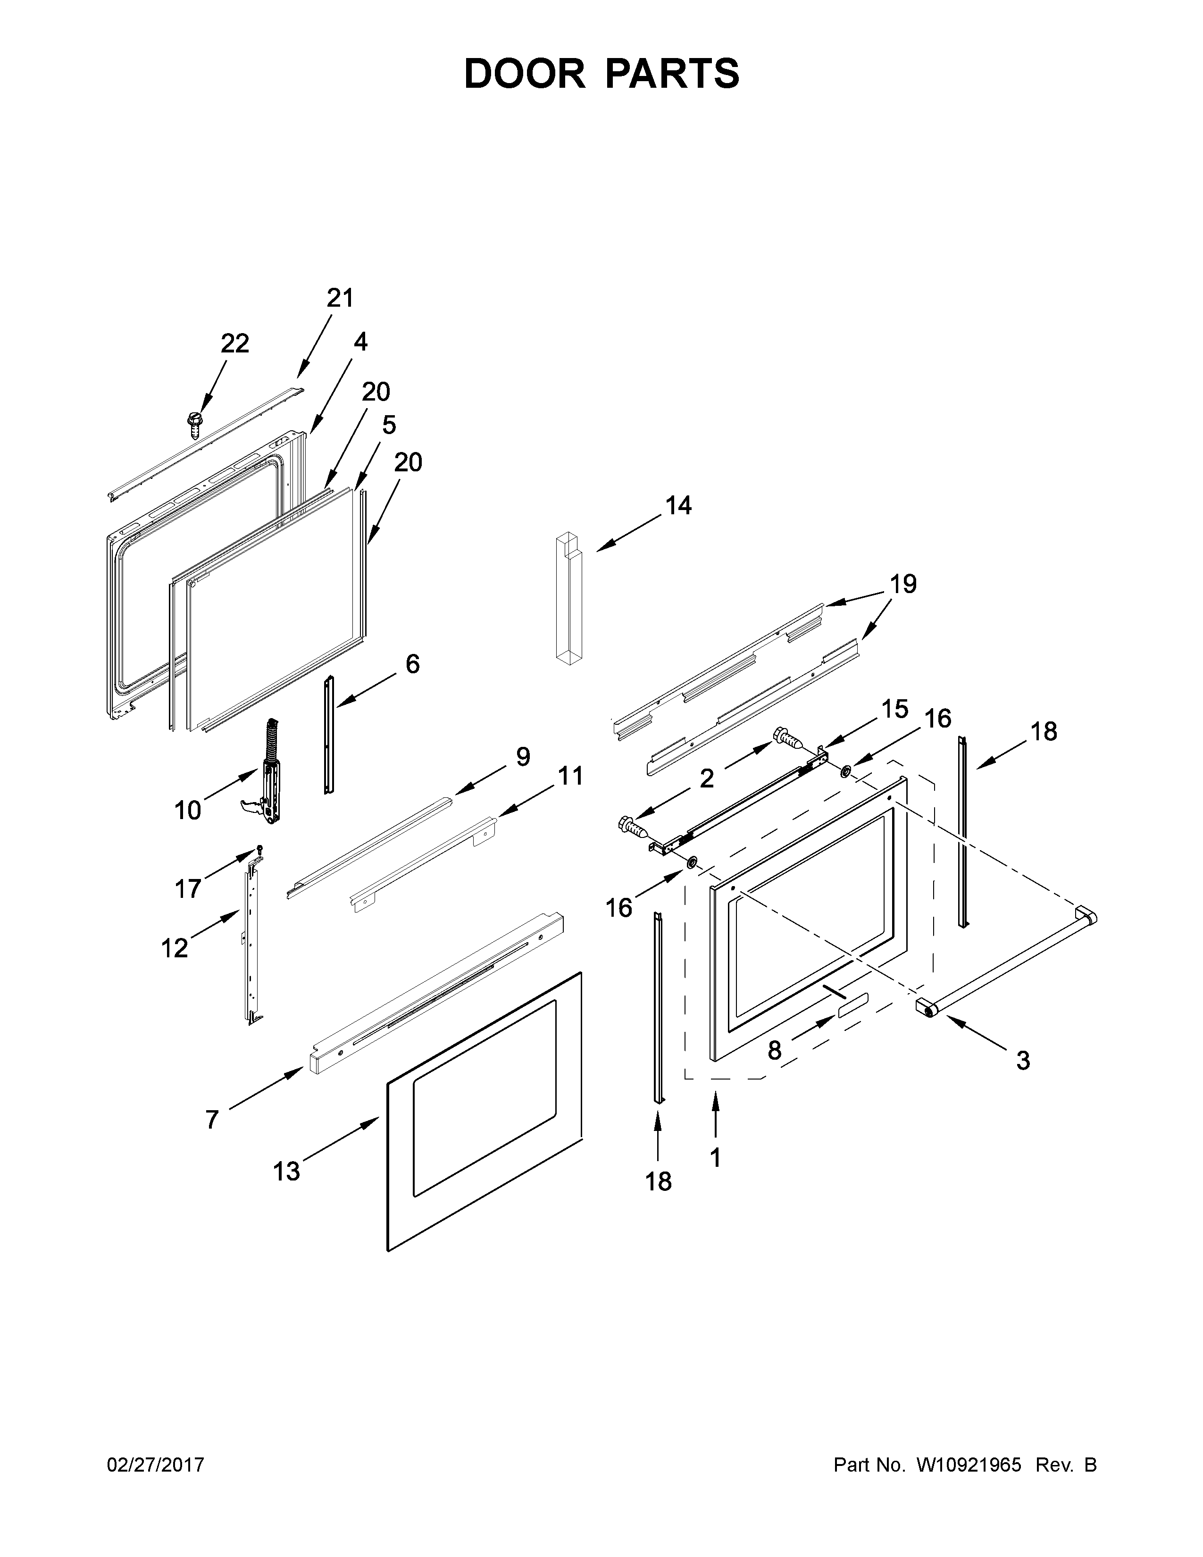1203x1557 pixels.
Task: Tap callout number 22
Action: coord(234,343)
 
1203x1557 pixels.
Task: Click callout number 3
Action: coord(1023,1081)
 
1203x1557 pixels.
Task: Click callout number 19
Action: coord(903,584)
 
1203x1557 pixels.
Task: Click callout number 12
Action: coord(174,948)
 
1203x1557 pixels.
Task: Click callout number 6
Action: coord(413,664)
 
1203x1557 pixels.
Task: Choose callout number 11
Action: coord(570,776)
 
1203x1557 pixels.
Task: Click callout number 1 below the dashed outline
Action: coord(715,1157)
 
